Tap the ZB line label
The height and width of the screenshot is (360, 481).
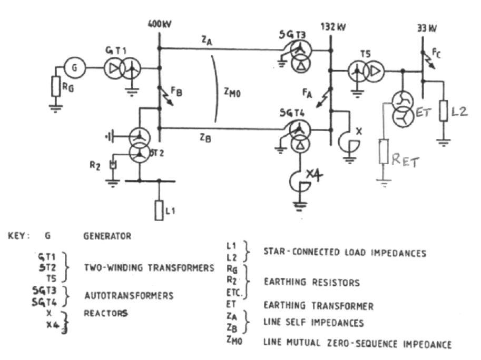coord(206,138)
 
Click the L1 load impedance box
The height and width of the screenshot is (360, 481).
coord(159,210)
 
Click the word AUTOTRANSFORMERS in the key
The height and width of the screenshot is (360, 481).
coord(129,295)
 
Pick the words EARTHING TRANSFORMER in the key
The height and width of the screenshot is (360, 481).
coord(318,306)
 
